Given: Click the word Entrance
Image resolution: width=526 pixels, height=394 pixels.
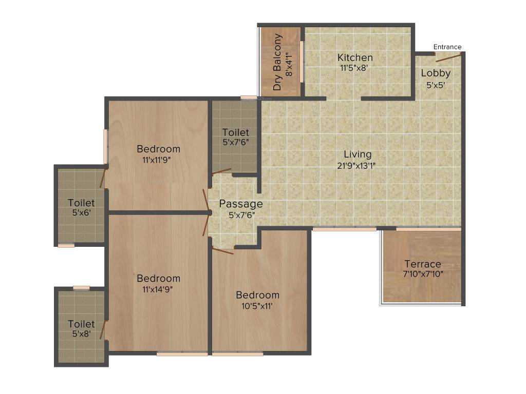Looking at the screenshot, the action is tap(447, 47).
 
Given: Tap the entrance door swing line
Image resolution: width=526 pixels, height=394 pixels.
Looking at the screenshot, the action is tap(449, 57).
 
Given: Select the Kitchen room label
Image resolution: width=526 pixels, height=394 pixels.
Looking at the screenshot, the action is tap(355, 57).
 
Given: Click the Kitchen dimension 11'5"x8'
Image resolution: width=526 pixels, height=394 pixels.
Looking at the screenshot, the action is tap(354, 68).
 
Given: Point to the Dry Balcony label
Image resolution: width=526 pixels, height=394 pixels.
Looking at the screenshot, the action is tap(277, 62).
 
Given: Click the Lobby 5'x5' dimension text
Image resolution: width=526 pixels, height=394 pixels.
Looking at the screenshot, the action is tap(436, 85).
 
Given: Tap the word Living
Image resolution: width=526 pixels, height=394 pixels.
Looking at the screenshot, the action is tap(358, 154).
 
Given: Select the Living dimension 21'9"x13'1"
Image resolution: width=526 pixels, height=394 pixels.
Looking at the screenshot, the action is tap(356, 166).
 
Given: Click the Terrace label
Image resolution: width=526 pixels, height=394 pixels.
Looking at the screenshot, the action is tap(423, 264).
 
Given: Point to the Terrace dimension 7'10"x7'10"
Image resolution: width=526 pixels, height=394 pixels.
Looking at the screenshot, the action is tap(423, 274).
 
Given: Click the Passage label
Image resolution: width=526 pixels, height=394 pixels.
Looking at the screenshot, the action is tap(241, 204).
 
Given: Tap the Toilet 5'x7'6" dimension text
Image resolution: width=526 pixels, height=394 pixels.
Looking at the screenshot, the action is tap(236, 142).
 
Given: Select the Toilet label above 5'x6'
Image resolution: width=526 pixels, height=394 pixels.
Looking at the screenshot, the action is tap(81, 203).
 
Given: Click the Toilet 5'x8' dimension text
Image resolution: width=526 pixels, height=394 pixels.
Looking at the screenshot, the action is tap(82, 333).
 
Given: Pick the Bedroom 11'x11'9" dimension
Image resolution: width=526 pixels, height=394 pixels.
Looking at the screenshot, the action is tap(157, 160).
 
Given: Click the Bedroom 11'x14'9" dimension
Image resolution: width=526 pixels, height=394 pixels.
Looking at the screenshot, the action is tap(157, 289).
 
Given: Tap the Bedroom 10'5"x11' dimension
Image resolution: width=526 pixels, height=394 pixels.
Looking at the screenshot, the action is tap(257, 306).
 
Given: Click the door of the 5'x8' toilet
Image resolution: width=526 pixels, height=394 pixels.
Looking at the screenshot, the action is tap(103, 330).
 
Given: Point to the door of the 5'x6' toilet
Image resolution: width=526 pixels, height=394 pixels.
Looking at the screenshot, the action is tap(103, 178).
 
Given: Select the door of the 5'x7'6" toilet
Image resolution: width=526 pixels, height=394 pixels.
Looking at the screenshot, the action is tap(221, 171).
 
